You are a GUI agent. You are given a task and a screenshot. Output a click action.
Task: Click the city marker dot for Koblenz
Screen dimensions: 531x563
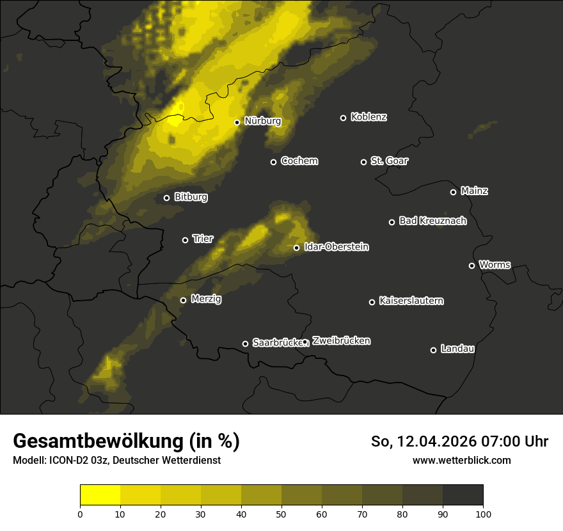[x=343, y=118]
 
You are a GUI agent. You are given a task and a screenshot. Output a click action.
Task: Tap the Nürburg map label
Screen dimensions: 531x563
[x=262, y=121]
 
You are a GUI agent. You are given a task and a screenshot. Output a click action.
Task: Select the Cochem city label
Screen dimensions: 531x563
[x=299, y=161]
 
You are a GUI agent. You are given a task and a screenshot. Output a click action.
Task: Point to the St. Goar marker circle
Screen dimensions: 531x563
[x=363, y=162]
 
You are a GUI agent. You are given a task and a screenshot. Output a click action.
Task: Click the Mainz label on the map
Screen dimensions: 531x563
[x=474, y=191]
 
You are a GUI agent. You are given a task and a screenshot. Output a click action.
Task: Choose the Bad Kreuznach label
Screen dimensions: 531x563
[x=432, y=221]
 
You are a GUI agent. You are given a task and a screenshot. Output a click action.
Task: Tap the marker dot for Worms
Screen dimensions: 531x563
[x=472, y=265]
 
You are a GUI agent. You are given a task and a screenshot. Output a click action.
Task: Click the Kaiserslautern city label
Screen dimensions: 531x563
[x=411, y=301]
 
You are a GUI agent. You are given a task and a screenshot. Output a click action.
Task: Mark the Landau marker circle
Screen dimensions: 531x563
[x=433, y=350]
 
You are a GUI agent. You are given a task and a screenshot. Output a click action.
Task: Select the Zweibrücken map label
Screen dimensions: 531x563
[x=341, y=341]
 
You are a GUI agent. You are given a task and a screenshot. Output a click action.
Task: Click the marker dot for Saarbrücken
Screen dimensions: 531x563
[x=245, y=344]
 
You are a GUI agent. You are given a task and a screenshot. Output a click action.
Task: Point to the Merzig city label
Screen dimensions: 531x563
[x=206, y=299]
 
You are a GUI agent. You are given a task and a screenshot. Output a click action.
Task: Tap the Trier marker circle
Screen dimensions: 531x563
[x=186, y=240]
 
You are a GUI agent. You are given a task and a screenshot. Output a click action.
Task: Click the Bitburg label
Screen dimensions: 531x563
[x=191, y=197]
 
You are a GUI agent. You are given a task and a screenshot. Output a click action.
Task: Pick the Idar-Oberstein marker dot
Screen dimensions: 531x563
[x=296, y=248]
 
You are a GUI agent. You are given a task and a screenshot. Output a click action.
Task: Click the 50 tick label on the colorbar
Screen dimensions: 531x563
[x=281, y=514]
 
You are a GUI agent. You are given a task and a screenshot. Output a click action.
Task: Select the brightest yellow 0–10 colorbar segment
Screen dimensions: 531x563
[x=100, y=495]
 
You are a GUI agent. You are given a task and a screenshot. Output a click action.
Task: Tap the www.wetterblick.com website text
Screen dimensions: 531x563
[x=461, y=460]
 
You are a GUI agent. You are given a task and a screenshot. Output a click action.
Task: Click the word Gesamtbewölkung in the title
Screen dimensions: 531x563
[x=97, y=441]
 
